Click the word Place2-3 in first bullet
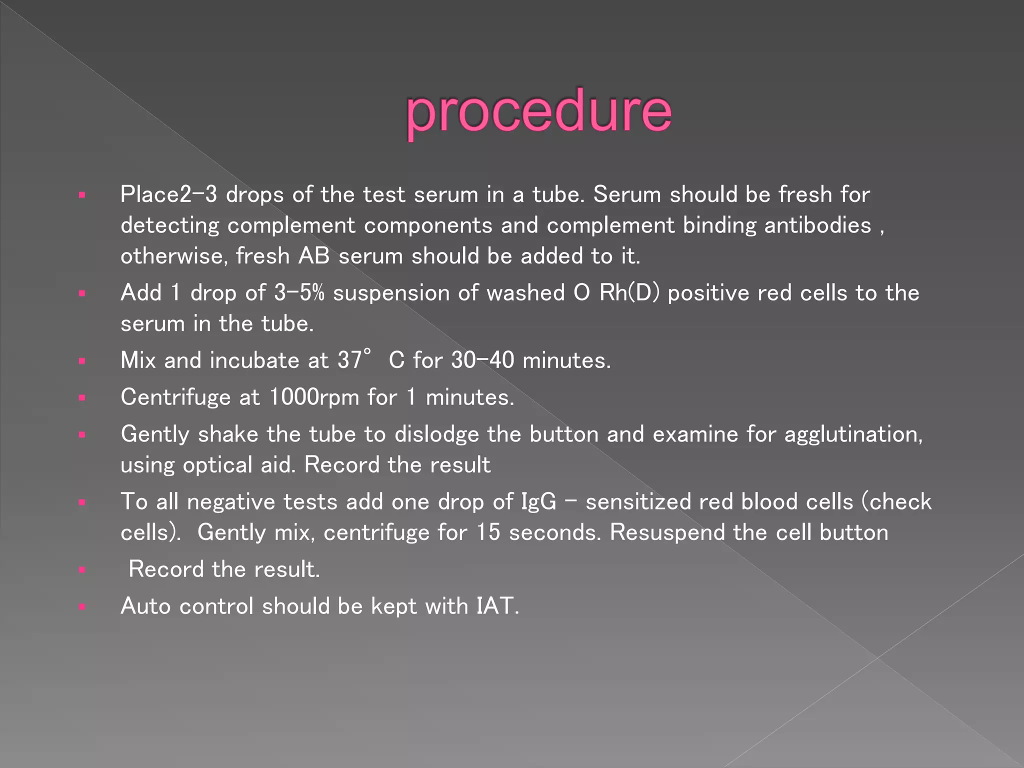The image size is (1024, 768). point(168,194)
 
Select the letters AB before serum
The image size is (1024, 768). point(314,256)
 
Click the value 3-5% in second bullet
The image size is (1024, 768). point(299,293)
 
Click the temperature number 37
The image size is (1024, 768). point(349,360)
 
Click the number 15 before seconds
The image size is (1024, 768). point(487,532)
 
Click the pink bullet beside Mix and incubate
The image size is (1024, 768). point(82,360)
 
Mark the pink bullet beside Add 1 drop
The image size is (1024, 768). point(82,293)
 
